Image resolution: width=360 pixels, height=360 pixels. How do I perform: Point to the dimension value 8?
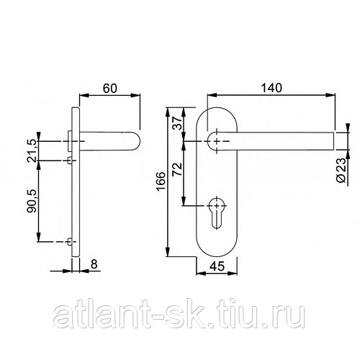(x=94, y=264)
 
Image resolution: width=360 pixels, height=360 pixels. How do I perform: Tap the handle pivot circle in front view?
(x=215, y=142)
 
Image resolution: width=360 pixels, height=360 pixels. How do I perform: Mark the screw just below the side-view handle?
(x=70, y=159)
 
